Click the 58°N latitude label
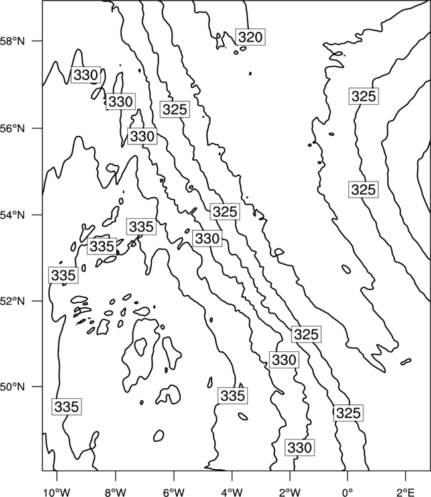(x=13, y=41)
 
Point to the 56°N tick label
(x=13, y=129)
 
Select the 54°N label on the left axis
(x=13, y=215)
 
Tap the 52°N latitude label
(x=13, y=301)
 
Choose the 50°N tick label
(x=13, y=387)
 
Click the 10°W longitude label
(x=57, y=492)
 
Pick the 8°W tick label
(x=115, y=492)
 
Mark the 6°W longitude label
(x=174, y=492)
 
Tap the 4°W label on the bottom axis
(x=232, y=492)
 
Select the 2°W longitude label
(x=290, y=492)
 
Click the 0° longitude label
(x=347, y=492)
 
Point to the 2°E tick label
(x=406, y=492)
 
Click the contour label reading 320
(x=251, y=37)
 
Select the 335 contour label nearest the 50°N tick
(x=66, y=407)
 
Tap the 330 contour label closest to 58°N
(x=86, y=75)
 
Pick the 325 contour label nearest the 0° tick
(x=348, y=413)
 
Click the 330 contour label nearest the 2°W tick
(x=300, y=447)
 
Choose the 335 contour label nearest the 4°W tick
(x=233, y=396)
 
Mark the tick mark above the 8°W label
(x=115, y=474)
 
